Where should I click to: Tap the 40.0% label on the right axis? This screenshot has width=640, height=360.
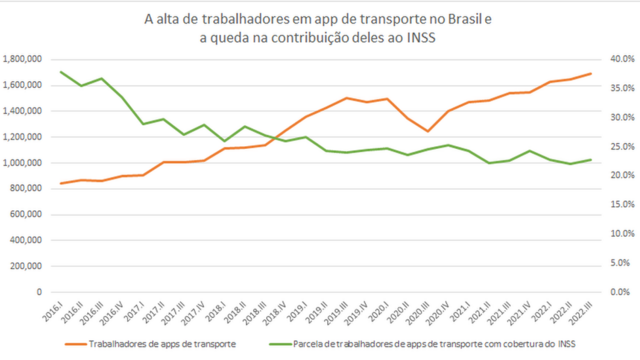click(608, 59)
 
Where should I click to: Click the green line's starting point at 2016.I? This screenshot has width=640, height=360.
click(62, 72)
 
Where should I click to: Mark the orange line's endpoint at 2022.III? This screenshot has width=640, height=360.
click(591, 73)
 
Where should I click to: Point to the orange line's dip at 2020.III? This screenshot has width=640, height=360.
click(428, 131)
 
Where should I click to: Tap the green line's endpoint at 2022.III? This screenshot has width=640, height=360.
click(591, 159)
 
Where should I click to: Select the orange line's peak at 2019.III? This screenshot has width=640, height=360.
click(346, 98)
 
